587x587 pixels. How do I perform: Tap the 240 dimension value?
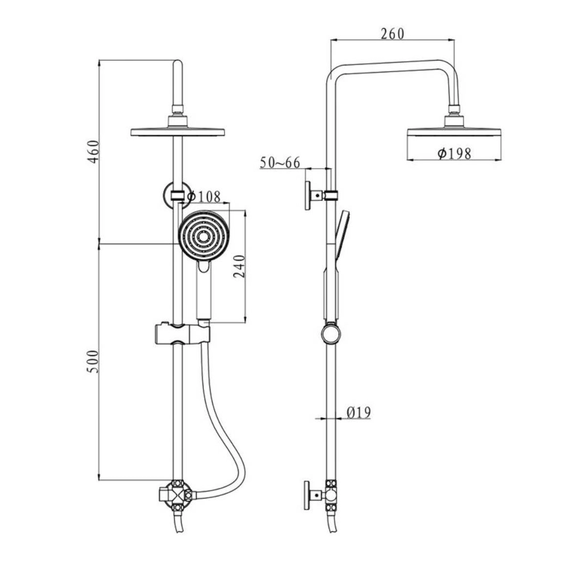pyautogui.click(x=239, y=266)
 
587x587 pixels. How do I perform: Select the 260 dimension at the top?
pyautogui.click(x=392, y=34)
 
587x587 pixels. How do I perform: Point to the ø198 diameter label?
pyautogui.click(x=454, y=153)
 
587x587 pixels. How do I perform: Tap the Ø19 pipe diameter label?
pyautogui.click(x=359, y=413)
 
